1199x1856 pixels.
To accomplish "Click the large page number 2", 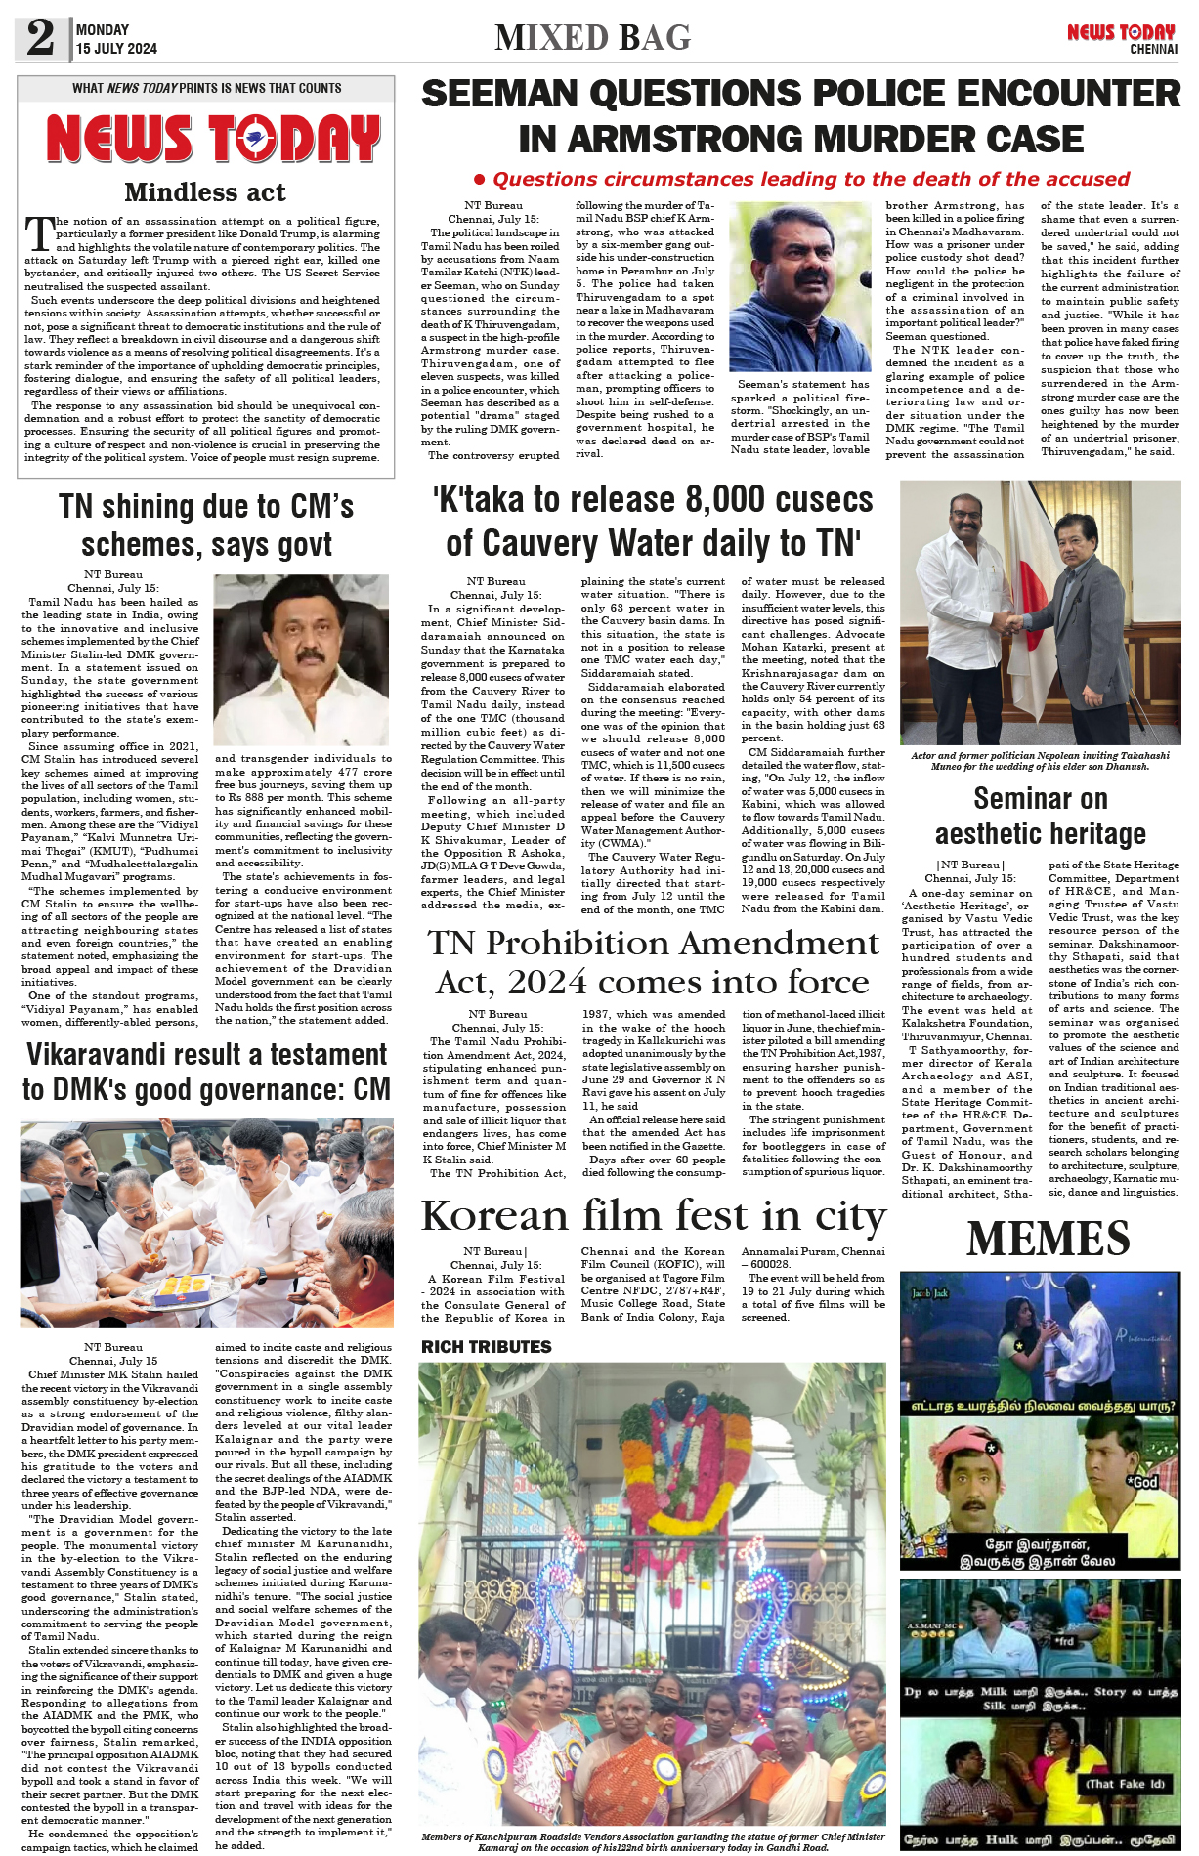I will pyautogui.click(x=40, y=38).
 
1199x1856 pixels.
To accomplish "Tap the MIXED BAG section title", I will pyautogui.click(x=592, y=38).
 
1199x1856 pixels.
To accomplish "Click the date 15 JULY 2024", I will pyautogui.click(x=116, y=48).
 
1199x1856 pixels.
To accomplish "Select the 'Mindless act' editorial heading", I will pyautogui.click(x=205, y=191).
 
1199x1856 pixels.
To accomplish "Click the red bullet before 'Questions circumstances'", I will pyautogui.click(x=479, y=180).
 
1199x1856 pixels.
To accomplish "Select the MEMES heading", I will pyautogui.click(x=1048, y=1239).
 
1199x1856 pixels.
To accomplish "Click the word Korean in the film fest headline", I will pyautogui.click(x=494, y=1216).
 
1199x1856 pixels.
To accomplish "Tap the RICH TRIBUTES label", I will pyautogui.click(x=486, y=1346).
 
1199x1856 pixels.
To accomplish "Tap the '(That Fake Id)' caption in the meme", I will pyautogui.click(x=1126, y=1783).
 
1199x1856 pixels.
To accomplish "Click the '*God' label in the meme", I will pyautogui.click(x=1142, y=1482).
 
